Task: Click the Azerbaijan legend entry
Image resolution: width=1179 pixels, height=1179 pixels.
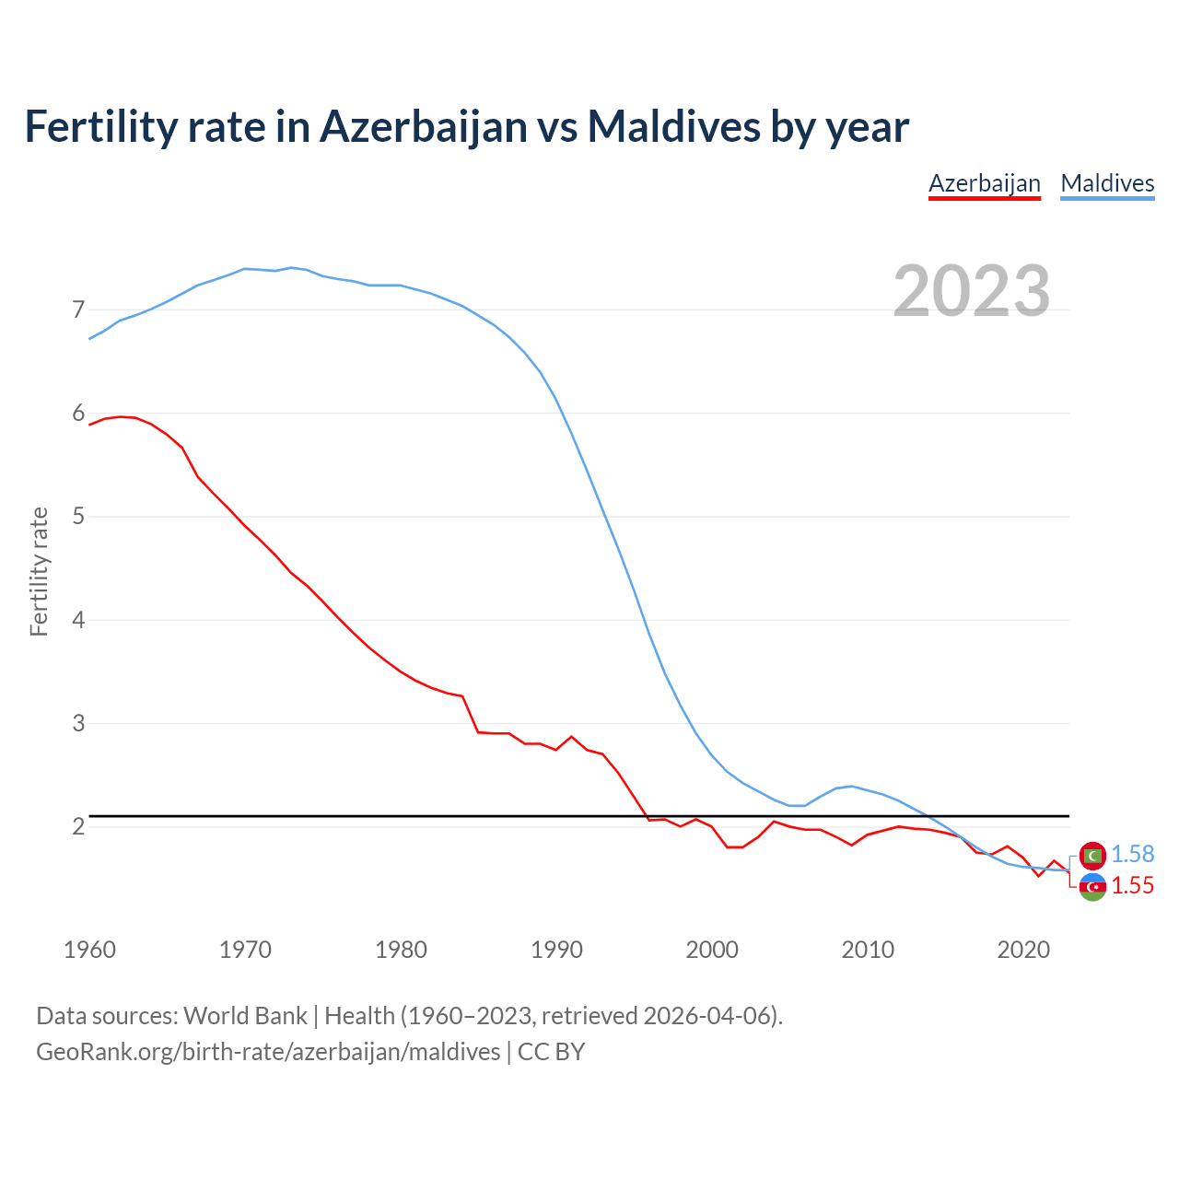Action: (984, 183)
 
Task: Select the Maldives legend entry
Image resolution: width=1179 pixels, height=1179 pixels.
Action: (1107, 183)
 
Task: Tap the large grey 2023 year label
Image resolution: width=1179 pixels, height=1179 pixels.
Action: (972, 291)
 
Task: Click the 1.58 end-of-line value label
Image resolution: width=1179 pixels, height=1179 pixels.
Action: (1132, 855)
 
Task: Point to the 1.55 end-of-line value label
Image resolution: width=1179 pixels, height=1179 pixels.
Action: (1132, 886)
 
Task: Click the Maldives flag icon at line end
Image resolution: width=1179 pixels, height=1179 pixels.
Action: (1092, 856)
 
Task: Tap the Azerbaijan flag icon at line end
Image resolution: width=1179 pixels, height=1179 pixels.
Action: (1092, 887)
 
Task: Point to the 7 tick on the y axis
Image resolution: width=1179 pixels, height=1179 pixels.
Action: (78, 310)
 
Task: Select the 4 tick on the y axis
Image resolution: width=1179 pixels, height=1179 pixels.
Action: (78, 620)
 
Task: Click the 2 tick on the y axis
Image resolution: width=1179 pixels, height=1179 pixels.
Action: (78, 827)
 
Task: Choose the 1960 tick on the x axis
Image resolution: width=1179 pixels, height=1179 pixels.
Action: (89, 950)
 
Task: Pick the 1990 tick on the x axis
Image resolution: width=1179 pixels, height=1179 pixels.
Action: (556, 950)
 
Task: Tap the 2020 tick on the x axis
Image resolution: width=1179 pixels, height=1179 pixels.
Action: (1023, 950)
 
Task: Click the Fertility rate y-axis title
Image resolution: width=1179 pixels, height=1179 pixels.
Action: (39, 571)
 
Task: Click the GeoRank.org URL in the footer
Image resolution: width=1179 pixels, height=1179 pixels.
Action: (267, 1052)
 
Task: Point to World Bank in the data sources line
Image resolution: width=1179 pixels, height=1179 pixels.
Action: (245, 1016)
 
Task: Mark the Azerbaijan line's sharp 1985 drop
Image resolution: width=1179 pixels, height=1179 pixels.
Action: (471, 714)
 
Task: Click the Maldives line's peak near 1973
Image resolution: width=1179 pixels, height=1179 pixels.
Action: (291, 268)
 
